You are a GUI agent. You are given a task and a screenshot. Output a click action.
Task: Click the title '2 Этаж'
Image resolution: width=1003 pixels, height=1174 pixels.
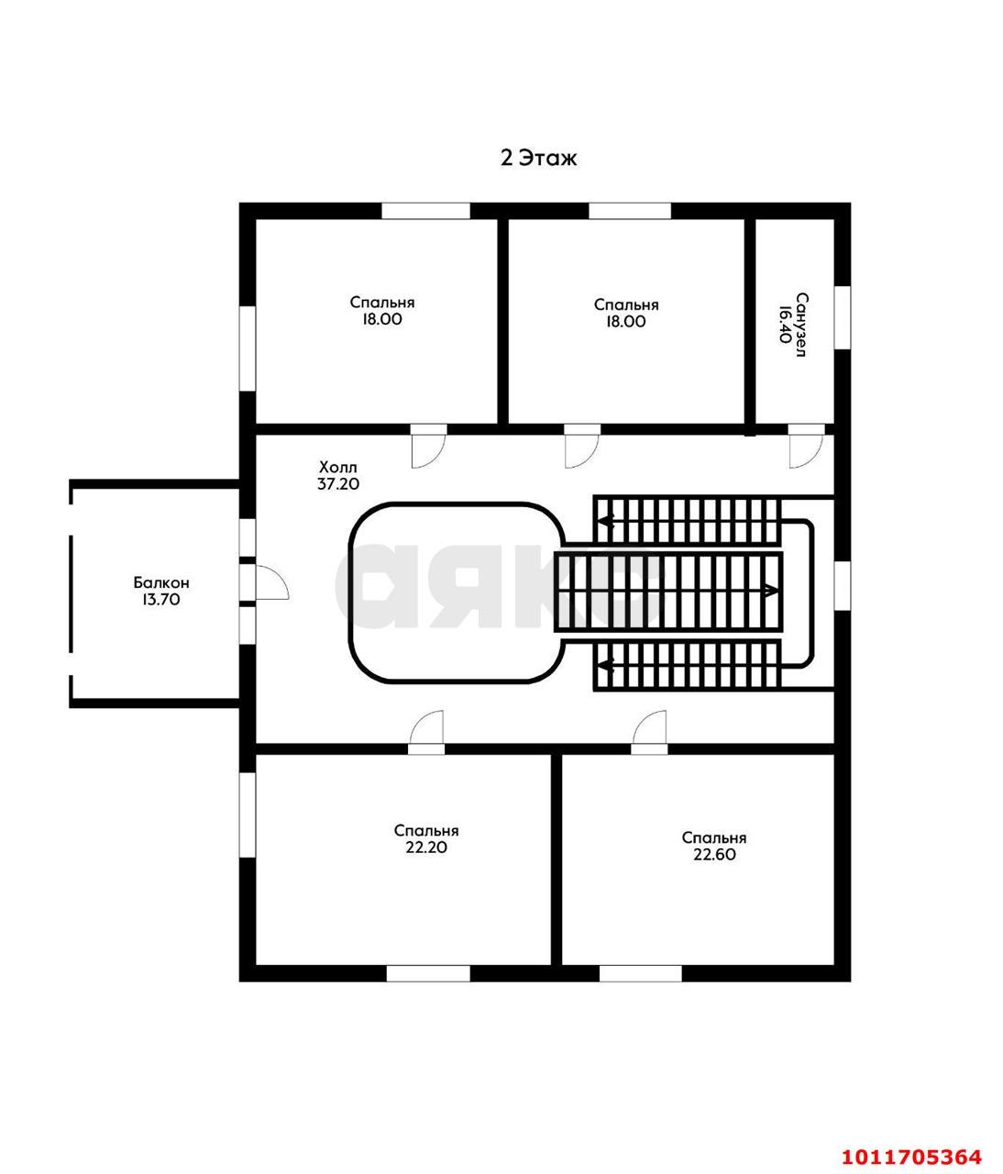(x=538, y=158)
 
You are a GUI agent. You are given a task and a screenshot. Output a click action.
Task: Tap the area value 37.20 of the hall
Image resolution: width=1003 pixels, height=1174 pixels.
(x=338, y=484)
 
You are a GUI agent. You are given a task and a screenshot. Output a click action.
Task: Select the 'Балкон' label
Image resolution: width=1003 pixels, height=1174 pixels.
(x=161, y=582)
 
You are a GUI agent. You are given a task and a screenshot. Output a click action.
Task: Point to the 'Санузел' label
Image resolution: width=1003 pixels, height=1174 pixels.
(x=801, y=325)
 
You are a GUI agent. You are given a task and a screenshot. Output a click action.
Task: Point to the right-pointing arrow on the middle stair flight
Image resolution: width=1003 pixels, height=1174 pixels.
(x=770, y=591)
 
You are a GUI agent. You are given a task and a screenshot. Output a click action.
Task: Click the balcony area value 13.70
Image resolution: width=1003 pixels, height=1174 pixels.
(x=161, y=599)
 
